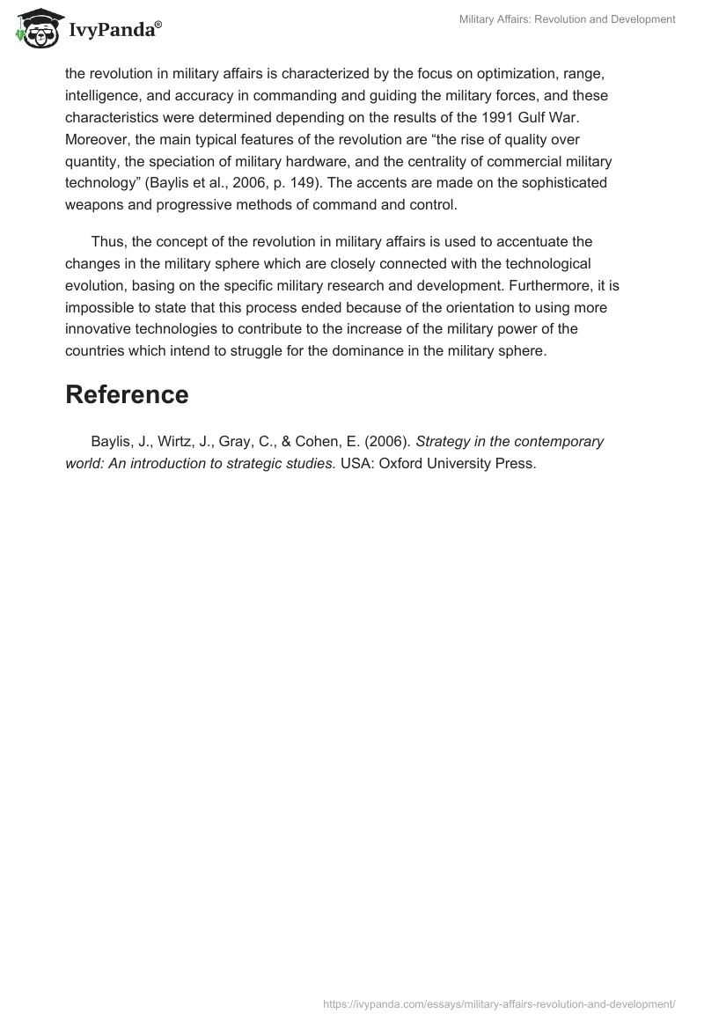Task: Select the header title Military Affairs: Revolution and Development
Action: click(x=568, y=19)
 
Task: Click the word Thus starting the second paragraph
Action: click(x=107, y=242)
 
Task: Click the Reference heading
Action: click(x=127, y=395)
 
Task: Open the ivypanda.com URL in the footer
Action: click(x=499, y=1003)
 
